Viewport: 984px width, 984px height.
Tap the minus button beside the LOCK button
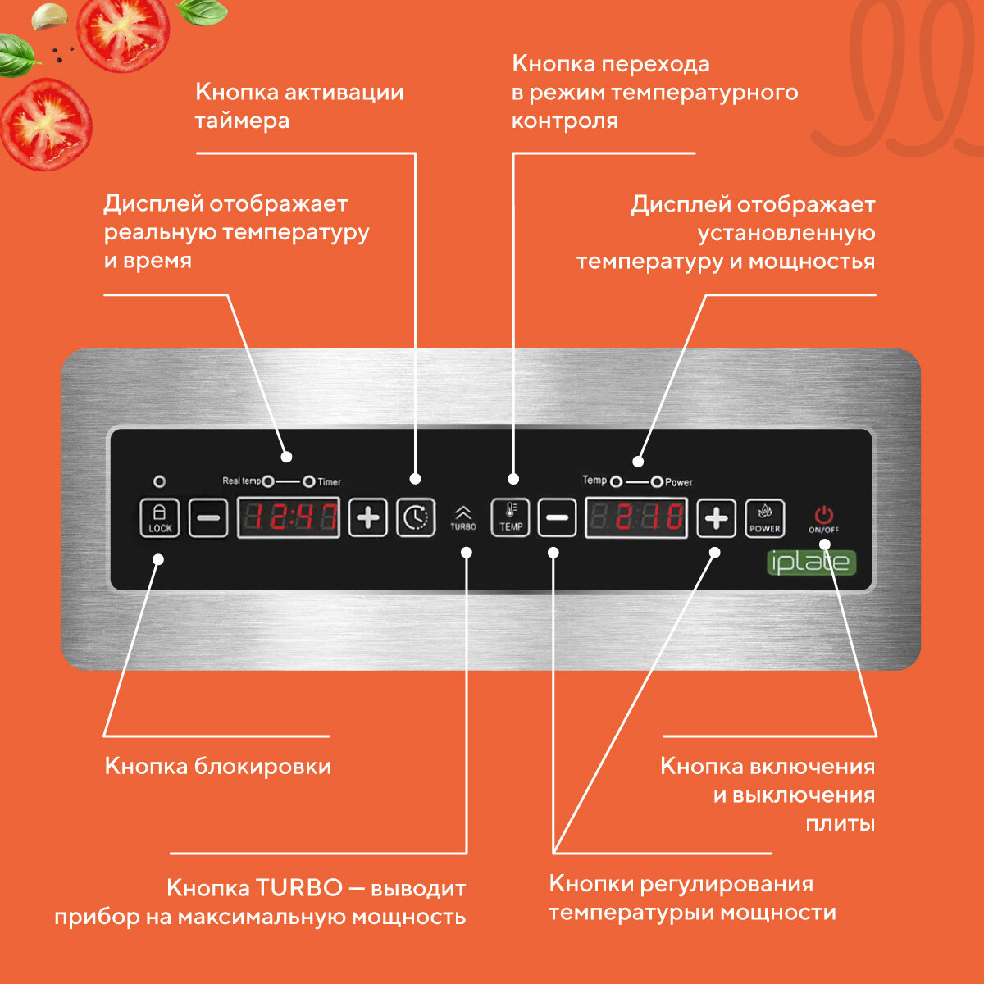208,518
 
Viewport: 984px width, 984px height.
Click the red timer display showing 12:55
289,517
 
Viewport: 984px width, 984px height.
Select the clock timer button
416,517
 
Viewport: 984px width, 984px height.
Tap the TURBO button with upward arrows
463,517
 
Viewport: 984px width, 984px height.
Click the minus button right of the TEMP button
557,518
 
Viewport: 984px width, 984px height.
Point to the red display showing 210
636,517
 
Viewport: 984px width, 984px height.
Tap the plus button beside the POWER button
717,518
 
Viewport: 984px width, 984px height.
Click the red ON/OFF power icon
823,516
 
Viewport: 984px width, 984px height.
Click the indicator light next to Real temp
268,481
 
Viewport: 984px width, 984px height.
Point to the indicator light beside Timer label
309,481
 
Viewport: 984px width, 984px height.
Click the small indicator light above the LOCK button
160,481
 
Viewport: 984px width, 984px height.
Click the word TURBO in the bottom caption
299,888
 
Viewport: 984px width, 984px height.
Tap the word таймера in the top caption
242,121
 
